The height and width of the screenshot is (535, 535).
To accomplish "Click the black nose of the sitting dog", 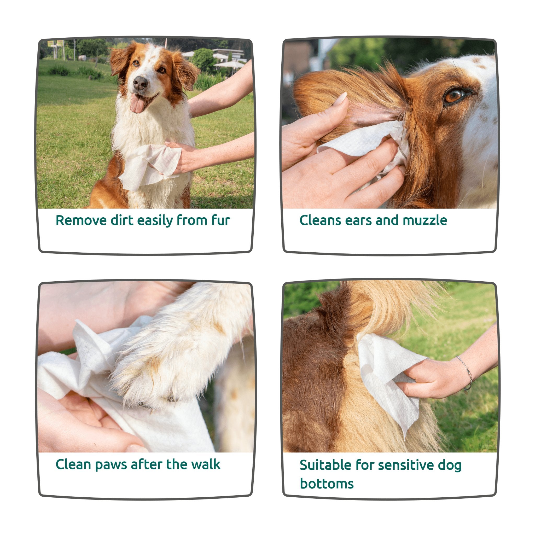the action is click(140, 83).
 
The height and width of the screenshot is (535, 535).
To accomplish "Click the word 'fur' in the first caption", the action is click(221, 220).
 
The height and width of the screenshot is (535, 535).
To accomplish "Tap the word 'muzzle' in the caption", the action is click(425, 220).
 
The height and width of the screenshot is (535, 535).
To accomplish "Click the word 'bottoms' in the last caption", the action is click(327, 484).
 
